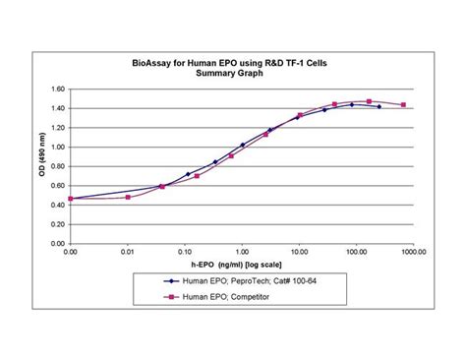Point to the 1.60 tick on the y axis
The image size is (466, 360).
(x=57, y=90)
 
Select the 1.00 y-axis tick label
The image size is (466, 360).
(x=57, y=145)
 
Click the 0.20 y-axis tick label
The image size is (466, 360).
(x=57, y=217)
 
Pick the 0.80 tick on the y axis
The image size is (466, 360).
(x=57, y=163)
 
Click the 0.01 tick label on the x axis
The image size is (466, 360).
(x=127, y=252)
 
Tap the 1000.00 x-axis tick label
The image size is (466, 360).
(x=412, y=252)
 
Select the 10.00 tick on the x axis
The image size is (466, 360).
(x=298, y=252)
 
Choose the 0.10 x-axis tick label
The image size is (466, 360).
(x=184, y=252)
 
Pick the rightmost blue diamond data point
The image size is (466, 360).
(x=379, y=106)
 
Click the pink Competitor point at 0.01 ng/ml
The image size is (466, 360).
(x=128, y=197)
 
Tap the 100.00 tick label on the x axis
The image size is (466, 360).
(x=355, y=252)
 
